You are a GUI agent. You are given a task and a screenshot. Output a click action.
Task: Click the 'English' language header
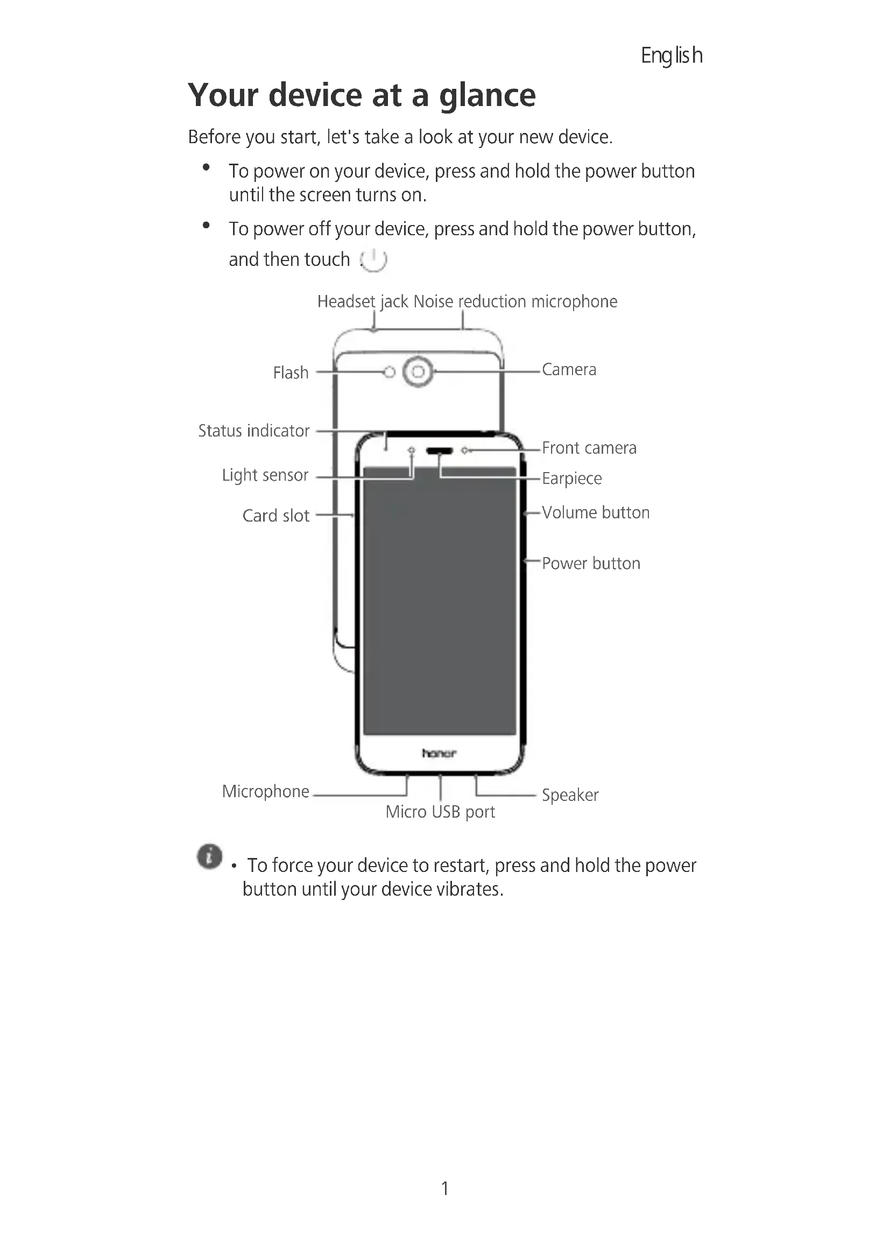click(672, 55)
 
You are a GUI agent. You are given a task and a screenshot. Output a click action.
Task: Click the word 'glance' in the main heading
click(487, 95)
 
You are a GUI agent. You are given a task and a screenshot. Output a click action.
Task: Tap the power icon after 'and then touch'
click(374, 259)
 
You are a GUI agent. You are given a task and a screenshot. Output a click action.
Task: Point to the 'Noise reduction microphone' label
click(515, 301)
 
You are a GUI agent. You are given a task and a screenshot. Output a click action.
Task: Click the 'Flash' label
click(291, 373)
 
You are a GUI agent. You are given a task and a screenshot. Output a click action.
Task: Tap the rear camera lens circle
click(418, 372)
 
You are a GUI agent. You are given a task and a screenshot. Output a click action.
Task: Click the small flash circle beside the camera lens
click(389, 372)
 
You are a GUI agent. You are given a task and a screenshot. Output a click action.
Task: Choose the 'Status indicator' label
click(254, 431)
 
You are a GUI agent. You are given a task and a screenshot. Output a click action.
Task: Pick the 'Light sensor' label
click(265, 475)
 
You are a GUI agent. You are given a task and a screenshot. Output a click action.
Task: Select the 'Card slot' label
click(276, 516)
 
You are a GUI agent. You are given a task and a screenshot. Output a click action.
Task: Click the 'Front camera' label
click(589, 448)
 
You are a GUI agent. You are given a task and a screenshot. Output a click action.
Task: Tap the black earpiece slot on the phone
click(440, 451)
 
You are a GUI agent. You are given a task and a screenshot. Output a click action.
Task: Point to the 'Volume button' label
click(596, 513)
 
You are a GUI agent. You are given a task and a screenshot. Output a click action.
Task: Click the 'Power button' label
click(591, 564)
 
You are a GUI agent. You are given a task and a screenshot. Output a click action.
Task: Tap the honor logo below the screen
click(439, 754)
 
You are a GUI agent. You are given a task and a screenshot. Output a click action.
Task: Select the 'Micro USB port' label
click(440, 812)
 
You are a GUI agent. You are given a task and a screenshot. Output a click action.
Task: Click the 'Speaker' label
click(570, 795)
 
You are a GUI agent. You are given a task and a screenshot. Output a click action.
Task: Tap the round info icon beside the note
click(209, 856)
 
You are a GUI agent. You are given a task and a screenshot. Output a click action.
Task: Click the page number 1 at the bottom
click(445, 1188)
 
